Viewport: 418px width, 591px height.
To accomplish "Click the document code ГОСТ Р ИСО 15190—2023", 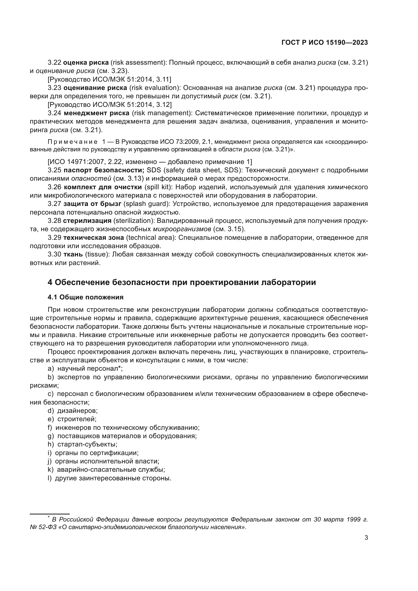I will pos(324,42).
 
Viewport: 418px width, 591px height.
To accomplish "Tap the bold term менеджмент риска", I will pos(97,113).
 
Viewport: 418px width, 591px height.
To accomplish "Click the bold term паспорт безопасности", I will pos(104,170).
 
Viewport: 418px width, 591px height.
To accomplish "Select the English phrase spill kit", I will pos(158,187).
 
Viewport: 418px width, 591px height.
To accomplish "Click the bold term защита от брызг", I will pos(92,204).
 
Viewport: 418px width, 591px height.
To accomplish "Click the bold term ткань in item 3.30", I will pos(73,254).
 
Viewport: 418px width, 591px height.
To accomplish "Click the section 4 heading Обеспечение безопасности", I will pos(182,282).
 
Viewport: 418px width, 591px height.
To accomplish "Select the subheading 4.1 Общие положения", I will pos(85,297).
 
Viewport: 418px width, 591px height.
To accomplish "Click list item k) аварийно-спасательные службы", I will pos(106,469).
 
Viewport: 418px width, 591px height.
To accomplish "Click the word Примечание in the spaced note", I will pos(73,142).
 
